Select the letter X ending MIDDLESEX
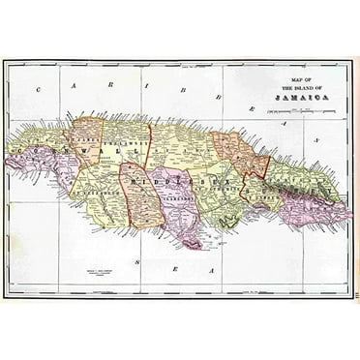click(232, 184)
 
